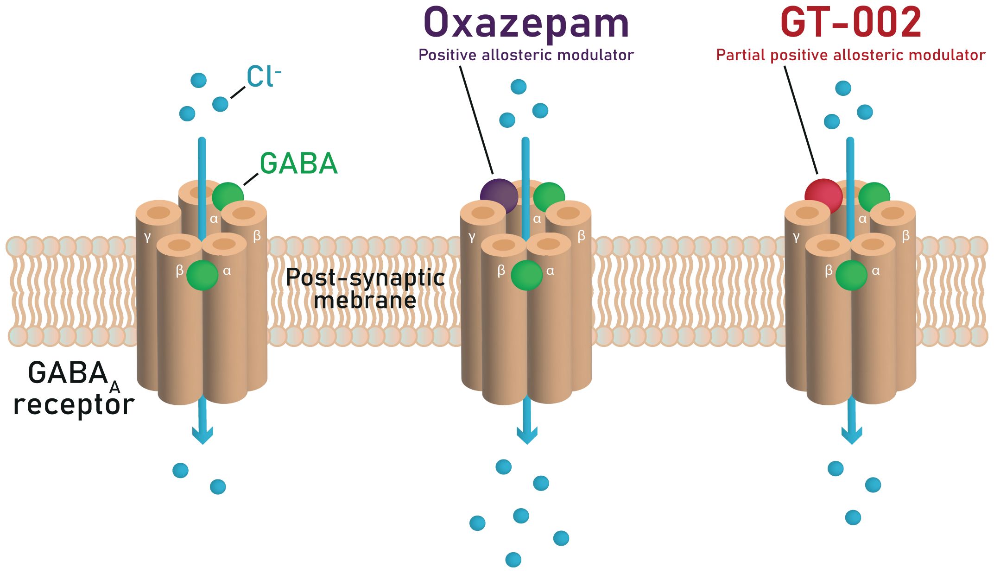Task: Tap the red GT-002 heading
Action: pos(851,23)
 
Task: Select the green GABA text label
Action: pos(298,164)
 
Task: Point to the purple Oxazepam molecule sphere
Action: pos(499,196)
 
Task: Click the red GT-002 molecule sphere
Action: pos(823,196)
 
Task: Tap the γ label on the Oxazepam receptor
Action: pos(472,237)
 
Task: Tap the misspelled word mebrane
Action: pos(365,300)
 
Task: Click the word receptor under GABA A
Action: pos(74,404)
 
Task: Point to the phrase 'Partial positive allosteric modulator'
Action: pos(850,55)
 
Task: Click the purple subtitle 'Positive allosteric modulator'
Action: pos(526,55)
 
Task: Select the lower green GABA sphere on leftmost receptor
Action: pos(202,275)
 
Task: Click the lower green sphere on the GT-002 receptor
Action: pos(851,275)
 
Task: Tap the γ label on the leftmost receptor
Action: pos(147,237)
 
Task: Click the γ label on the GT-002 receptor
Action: pos(796,237)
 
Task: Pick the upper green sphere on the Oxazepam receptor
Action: pos(549,197)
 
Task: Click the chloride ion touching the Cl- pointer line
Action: pos(220,104)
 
